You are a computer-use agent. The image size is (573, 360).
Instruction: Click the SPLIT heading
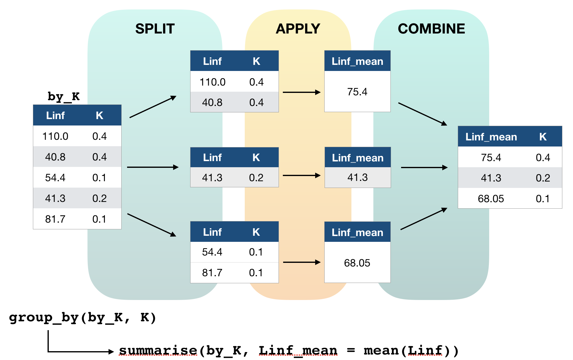[155, 29]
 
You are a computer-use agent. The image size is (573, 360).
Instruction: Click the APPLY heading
[298, 29]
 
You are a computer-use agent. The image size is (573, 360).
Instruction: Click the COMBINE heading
[431, 29]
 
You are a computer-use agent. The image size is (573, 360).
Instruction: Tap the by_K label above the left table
[63, 97]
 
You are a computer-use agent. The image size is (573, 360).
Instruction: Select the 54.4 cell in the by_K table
[55, 178]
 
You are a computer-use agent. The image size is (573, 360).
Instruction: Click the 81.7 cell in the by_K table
[55, 219]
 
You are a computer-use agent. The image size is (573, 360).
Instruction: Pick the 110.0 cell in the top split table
[212, 82]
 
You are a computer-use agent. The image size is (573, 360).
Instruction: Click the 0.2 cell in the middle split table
[256, 178]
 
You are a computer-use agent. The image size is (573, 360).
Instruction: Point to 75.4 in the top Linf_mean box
[357, 92]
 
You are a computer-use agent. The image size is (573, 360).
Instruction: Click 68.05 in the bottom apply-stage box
[357, 263]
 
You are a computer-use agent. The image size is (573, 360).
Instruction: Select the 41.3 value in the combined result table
[491, 178]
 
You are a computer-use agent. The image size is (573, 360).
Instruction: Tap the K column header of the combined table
[543, 137]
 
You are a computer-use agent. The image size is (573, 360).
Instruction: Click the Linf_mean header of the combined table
[491, 137]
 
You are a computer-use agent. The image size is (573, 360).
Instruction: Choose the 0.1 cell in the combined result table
[543, 199]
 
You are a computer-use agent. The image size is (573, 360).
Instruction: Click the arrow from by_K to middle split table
[152, 167]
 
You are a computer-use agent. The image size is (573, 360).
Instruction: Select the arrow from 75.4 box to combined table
[422, 114]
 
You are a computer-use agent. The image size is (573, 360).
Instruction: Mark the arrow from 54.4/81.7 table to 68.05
[301, 262]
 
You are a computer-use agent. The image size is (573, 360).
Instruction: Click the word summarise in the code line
[158, 351]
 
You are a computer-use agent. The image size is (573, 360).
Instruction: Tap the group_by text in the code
[30, 318]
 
